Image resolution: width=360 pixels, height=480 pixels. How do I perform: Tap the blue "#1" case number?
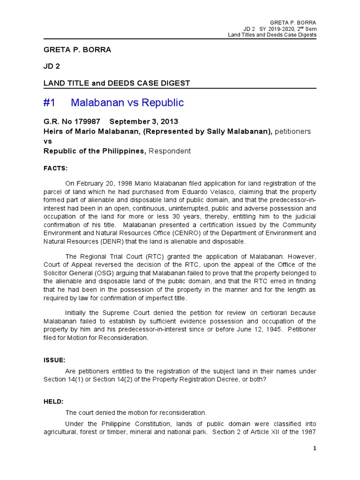tap(51, 103)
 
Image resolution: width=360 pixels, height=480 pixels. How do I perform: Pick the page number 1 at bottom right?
tap(315, 449)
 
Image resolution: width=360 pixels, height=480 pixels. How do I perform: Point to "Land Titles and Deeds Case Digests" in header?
tap(272, 35)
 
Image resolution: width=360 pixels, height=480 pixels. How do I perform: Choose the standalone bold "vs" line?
tap(48, 141)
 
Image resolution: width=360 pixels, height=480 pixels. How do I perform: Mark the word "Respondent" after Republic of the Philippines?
tap(170, 151)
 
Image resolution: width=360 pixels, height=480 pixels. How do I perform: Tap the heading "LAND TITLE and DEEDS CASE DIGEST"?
tap(117, 83)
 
